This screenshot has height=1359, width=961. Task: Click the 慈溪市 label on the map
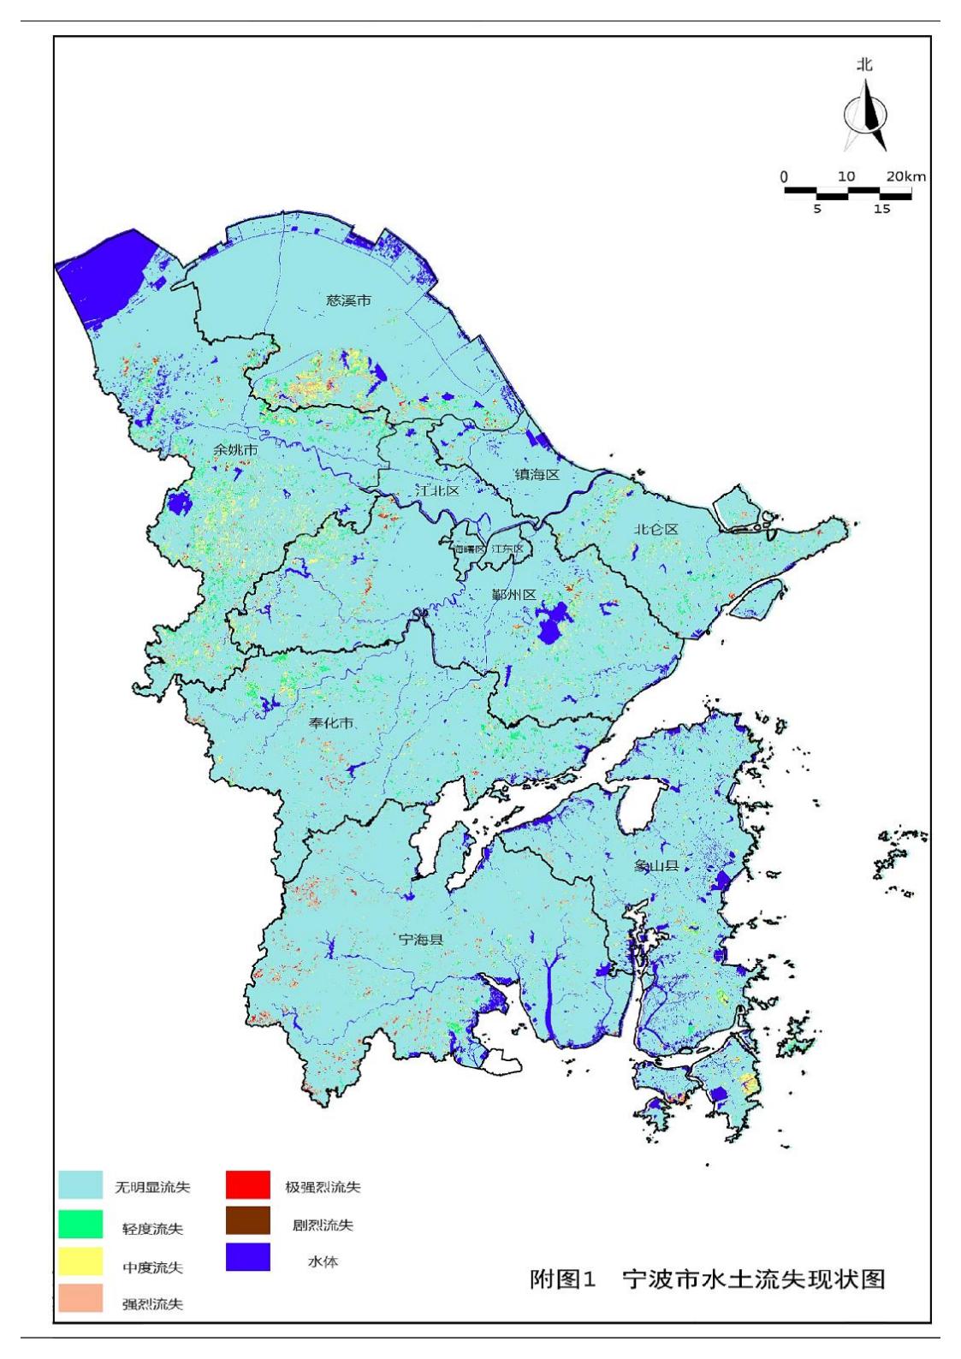click(349, 300)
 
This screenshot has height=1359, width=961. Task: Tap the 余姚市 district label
click(236, 449)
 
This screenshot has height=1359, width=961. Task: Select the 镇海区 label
click(537, 474)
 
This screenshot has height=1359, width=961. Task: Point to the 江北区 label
click(437, 491)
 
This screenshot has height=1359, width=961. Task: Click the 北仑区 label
click(655, 530)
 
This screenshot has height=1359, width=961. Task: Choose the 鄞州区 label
click(513, 595)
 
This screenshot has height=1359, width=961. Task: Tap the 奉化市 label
click(331, 723)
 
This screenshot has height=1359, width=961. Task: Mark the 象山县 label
click(656, 866)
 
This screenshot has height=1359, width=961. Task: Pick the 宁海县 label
click(421, 939)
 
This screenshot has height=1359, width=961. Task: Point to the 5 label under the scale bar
click(817, 209)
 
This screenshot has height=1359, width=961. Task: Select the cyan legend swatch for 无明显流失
click(80, 1185)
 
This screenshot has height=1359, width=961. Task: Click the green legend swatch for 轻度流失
click(80, 1224)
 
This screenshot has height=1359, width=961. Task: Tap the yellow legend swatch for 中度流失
click(80, 1261)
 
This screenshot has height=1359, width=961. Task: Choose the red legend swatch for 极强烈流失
click(248, 1185)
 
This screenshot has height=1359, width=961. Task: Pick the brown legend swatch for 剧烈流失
click(248, 1221)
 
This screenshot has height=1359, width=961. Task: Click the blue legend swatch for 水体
click(248, 1257)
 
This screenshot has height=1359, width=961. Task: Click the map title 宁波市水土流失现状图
click(753, 1279)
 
